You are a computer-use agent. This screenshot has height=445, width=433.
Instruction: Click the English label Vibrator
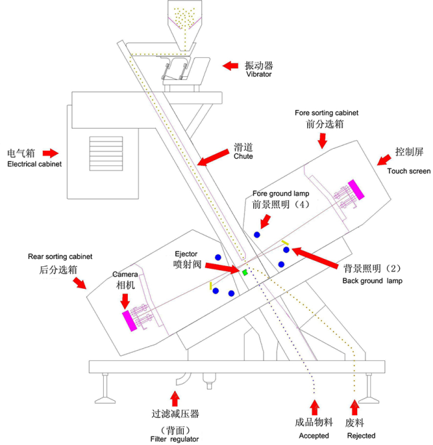pyautogui.click(x=259, y=75)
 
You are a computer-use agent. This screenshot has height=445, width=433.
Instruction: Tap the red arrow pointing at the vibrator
pyautogui.click(x=230, y=65)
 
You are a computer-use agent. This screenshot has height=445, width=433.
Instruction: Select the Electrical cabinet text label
pyautogui.click(x=34, y=163)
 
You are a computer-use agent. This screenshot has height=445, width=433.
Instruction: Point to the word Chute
pyautogui.click(x=243, y=157)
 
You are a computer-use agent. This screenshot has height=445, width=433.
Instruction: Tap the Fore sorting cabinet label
pyautogui.click(x=326, y=113)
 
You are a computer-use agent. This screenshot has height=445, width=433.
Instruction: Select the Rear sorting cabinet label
pyautogui.click(x=60, y=256)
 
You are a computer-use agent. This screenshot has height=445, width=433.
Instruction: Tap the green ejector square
pyautogui.click(x=245, y=272)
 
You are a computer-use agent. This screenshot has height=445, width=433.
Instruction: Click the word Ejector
pyautogui.click(x=187, y=254)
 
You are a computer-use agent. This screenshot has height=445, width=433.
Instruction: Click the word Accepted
pyautogui.click(x=313, y=436)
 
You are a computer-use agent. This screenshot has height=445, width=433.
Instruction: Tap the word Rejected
pyautogui.click(x=361, y=436)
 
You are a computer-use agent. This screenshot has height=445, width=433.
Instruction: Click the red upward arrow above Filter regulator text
pyautogui.click(x=175, y=399)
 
